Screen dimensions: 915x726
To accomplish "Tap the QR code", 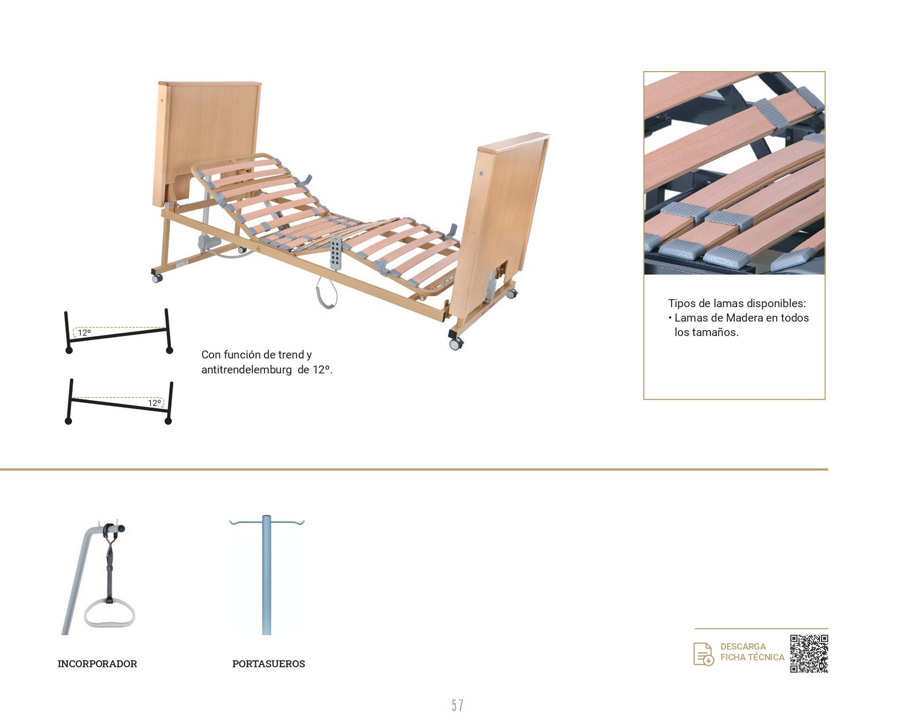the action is pos(809,653).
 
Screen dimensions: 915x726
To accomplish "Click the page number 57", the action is pos(457,706).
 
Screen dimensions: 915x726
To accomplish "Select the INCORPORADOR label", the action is pos(97,663).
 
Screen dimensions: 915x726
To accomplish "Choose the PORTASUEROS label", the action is pos(269,663).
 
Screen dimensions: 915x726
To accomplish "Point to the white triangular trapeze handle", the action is pos(110,613).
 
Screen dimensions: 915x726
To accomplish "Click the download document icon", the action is pos(703,654).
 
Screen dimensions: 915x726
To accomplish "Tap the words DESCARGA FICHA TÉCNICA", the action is pos(752,652).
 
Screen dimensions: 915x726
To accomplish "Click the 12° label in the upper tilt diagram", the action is pos(84,333).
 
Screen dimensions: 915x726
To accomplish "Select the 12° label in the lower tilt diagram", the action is pos(154,403).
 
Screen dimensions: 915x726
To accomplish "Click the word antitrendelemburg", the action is pos(246,370).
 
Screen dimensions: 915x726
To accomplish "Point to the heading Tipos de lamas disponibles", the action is pos(737,303).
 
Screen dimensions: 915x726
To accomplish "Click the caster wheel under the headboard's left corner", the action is pos(157,278).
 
